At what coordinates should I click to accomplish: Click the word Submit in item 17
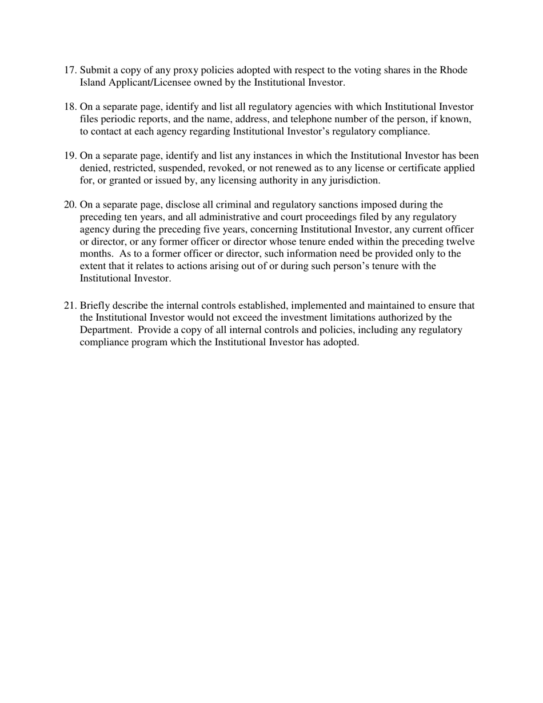(x=95, y=70)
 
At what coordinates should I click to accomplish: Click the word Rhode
(x=453, y=70)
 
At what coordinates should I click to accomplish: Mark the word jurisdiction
(x=350, y=181)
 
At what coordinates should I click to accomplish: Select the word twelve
(x=458, y=242)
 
